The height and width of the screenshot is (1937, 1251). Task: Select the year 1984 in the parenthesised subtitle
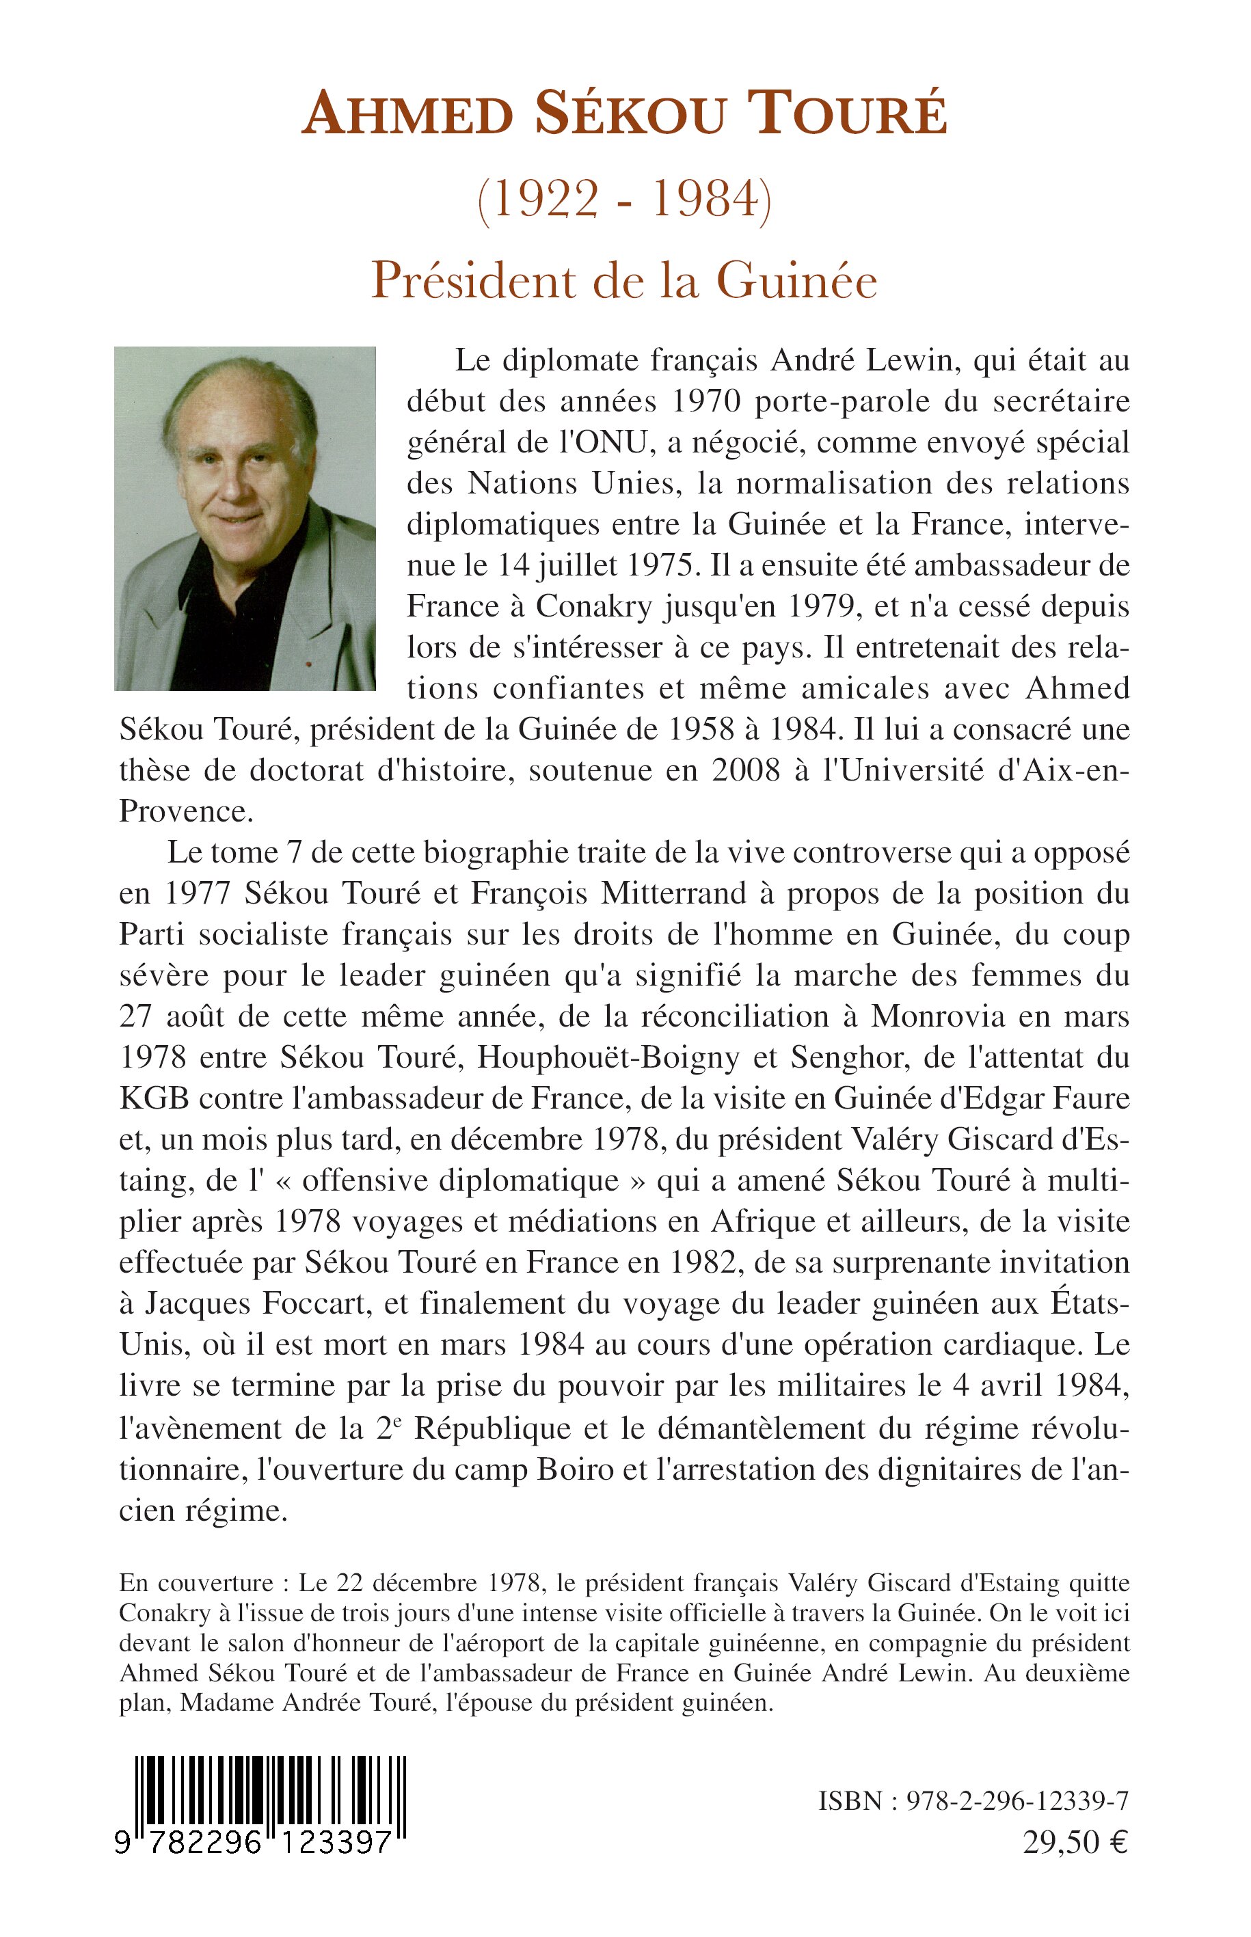(x=705, y=199)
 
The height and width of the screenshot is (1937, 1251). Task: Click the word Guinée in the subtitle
(x=797, y=281)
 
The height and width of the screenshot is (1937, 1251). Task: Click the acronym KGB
(x=154, y=1099)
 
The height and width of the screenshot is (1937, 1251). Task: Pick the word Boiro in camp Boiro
(x=574, y=1468)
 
